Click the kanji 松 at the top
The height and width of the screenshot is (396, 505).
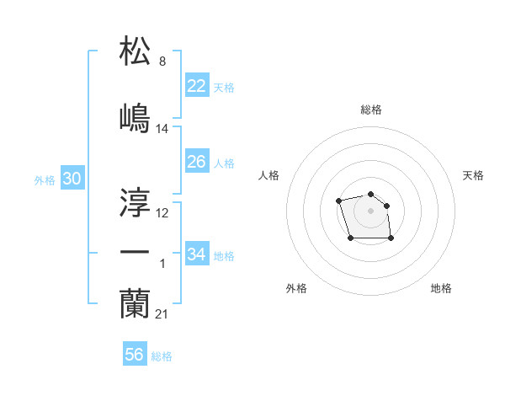coord(135,51)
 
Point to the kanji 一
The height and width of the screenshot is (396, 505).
coord(135,252)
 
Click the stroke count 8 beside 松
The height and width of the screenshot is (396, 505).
coord(162,62)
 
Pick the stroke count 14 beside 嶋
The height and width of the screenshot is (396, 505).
coord(162,129)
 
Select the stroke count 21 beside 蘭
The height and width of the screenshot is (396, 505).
coord(162,314)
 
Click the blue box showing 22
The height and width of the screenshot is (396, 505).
coord(196,86)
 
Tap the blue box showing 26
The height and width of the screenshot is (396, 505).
coord(196,162)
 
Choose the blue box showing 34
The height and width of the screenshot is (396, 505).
coord(196,254)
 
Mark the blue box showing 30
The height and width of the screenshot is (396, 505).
coord(72,179)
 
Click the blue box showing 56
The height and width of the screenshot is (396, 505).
coord(134,355)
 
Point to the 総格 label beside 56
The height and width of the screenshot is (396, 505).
coord(162,356)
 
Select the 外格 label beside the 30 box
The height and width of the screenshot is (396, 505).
coord(45,180)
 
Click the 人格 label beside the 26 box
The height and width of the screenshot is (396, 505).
coord(224,163)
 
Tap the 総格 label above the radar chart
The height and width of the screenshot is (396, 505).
coord(370,110)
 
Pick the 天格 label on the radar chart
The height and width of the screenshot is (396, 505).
coord(473,175)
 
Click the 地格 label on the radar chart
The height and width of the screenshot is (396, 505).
coord(441,288)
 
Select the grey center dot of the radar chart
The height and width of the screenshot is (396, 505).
coord(370,210)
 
